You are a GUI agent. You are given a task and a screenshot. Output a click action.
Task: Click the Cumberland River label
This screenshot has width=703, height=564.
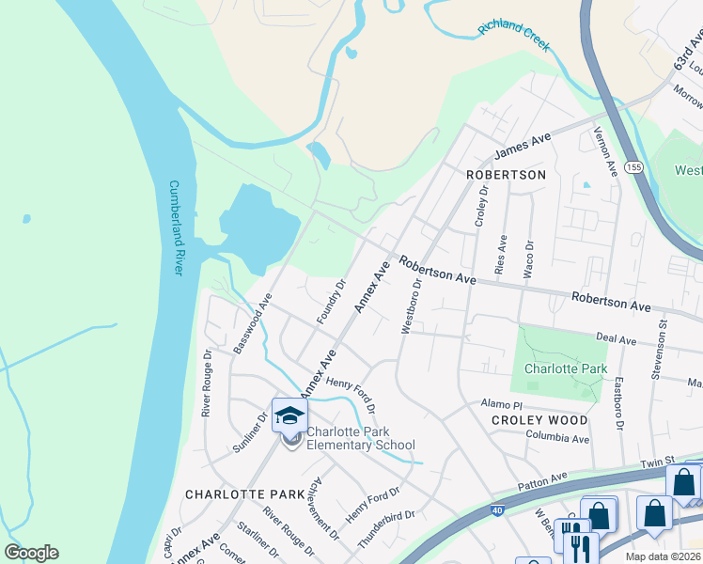pyautogui.click(x=174, y=227)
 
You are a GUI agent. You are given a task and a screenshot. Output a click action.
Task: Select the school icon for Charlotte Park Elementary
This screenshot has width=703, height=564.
pyautogui.click(x=289, y=415)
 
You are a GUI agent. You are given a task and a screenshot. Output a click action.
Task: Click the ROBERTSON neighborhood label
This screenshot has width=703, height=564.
pyautogui.click(x=506, y=176)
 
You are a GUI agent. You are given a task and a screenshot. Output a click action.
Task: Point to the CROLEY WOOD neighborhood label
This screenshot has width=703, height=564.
pyautogui.click(x=540, y=420)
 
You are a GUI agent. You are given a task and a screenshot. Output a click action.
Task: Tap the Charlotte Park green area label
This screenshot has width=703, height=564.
pyautogui.click(x=566, y=369)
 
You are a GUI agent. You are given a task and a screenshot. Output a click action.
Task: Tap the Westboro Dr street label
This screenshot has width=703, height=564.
pyautogui.click(x=412, y=305)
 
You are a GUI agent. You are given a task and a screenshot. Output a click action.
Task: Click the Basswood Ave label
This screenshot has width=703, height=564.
pyautogui.click(x=252, y=322)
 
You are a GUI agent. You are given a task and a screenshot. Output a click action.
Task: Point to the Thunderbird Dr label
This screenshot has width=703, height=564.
pyautogui.click(x=386, y=531)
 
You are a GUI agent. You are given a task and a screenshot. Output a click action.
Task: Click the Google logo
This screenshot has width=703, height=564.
pyautogui.click(x=32, y=553)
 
